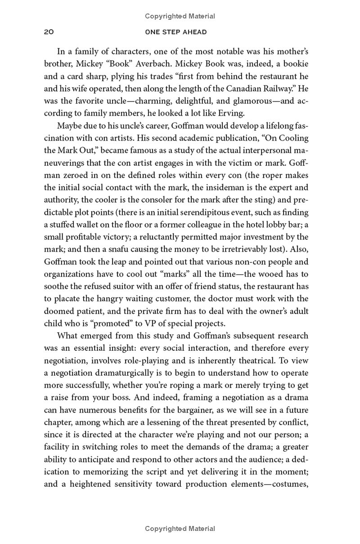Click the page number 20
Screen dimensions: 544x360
(x=49, y=32)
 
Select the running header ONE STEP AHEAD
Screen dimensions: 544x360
(x=180, y=32)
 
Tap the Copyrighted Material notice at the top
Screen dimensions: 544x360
(x=180, y=16)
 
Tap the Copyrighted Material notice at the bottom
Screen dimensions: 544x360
(x=180, y=529)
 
